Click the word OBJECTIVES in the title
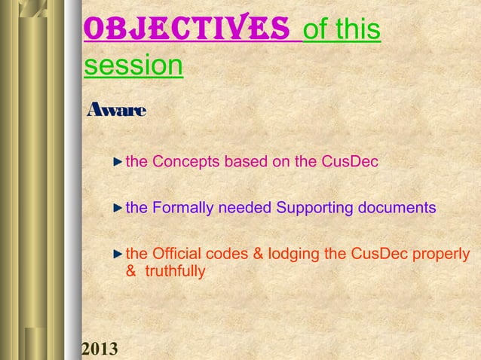pyautogui.click(x=188, y=29)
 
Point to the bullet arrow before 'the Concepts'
pyautogui.click(x=118, y=161)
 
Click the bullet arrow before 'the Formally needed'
pyautogui.click(x=118, y=207)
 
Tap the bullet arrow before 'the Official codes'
pyautogui.click(x=118, y=252)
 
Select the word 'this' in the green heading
pyautogui.click(x=357, y=30)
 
